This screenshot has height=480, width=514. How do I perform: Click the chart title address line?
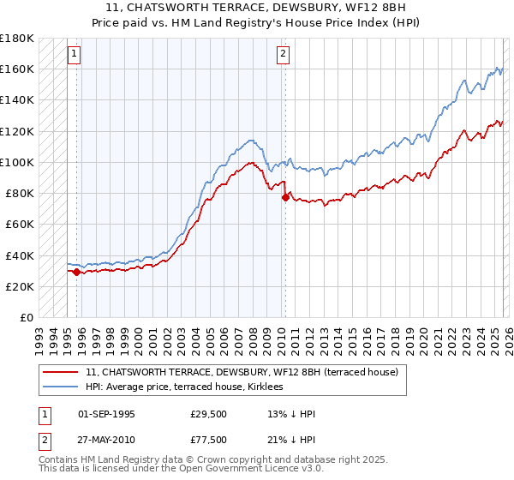pos(256,6)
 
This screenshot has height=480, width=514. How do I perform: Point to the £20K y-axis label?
pos(21,286)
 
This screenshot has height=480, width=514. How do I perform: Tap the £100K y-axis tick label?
pos(18,162)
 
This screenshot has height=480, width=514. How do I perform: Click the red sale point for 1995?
pos(77,272)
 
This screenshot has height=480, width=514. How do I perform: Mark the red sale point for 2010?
pos(285,197)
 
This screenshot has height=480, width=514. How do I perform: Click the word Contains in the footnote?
pos(60,460)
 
